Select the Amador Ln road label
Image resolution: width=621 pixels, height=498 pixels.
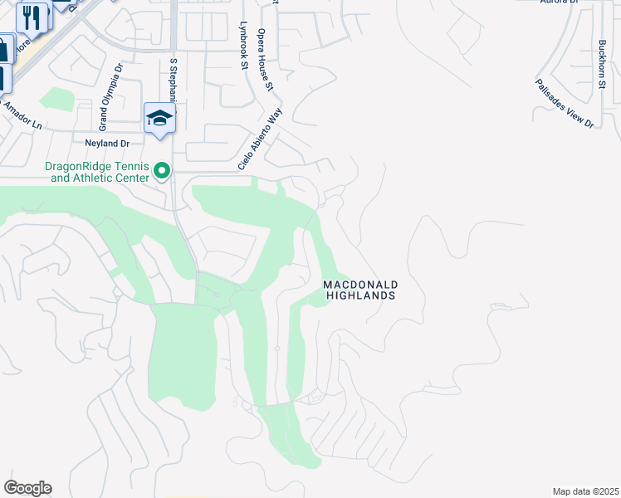coord(22,115)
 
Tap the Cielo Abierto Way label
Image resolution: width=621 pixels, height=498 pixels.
coord(260,138)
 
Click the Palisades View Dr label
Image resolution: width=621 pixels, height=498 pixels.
coord(565,104)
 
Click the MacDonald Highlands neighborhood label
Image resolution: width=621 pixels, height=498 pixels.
coord(359,290)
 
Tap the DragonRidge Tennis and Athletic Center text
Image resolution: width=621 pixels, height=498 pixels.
coord(97,172)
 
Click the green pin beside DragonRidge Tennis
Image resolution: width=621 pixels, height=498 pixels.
coord(163,172)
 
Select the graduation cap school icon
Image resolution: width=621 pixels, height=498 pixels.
coord(159,118)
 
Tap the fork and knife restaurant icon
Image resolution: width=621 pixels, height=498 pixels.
coord(33,16)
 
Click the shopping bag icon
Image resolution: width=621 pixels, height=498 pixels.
coord(4,49)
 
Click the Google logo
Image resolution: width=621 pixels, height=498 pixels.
coord(27,488)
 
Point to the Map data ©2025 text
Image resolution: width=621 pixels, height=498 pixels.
coord(585,491)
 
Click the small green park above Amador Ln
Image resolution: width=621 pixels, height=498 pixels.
coord(57,99)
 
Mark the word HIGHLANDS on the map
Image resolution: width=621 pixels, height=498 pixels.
coord(359,295)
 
